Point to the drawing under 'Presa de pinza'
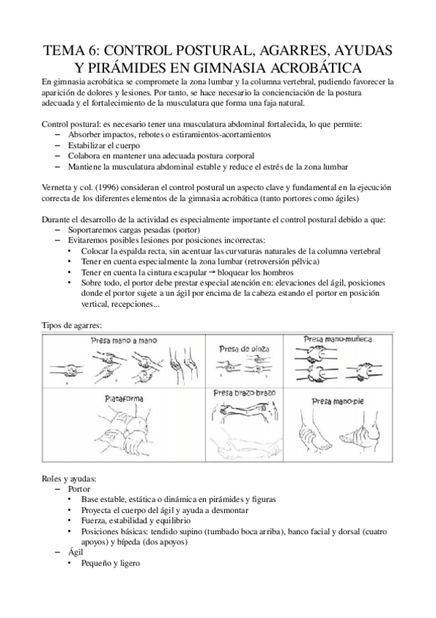(244, 367)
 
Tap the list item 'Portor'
(80, 489)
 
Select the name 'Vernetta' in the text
(61, 187)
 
